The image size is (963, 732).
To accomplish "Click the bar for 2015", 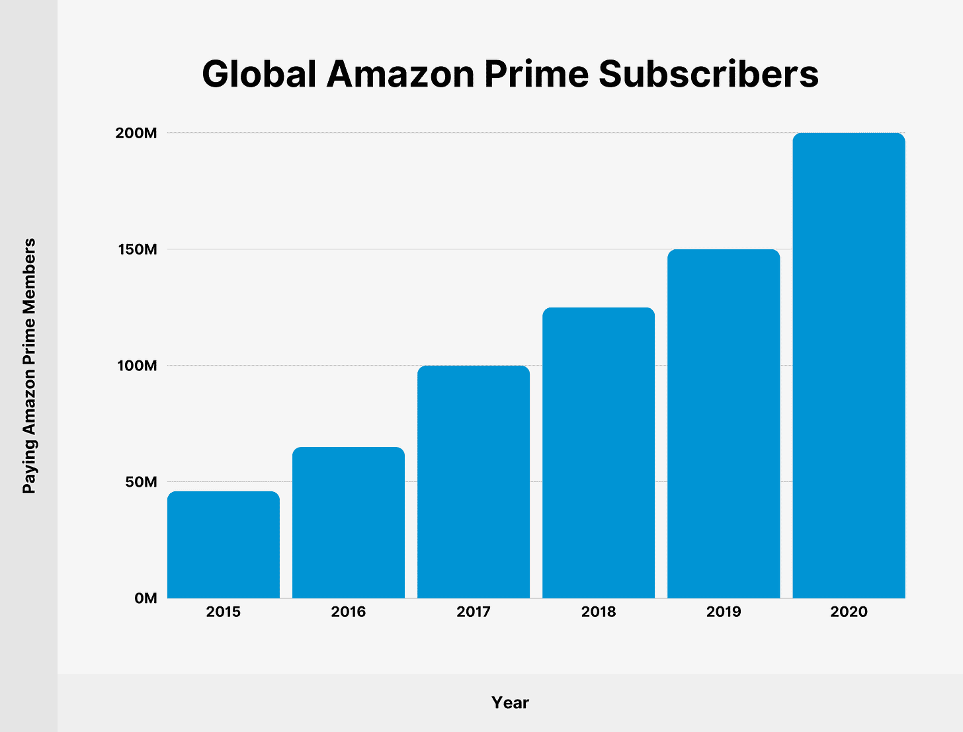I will tap(224, 545).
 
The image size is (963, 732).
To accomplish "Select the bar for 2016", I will tap(349, 522).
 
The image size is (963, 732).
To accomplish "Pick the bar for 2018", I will tap(599, 453).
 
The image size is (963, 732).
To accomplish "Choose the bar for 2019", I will tap(724, 424).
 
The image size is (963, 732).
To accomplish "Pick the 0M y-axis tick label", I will tap(146, 598).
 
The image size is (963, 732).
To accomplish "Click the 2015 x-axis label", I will tap(224, 612).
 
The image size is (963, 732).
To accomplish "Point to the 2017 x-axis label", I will tap(474, 612).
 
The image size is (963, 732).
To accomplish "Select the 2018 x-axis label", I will tap(599, 612).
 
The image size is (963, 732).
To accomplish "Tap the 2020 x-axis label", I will tap(849, 612).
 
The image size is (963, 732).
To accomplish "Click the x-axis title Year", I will tap(510, 703).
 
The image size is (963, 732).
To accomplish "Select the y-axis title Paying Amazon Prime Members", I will tap(29, 366).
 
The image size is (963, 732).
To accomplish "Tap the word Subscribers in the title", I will tap(708, 74).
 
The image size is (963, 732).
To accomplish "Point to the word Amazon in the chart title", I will tap(400, 74).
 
